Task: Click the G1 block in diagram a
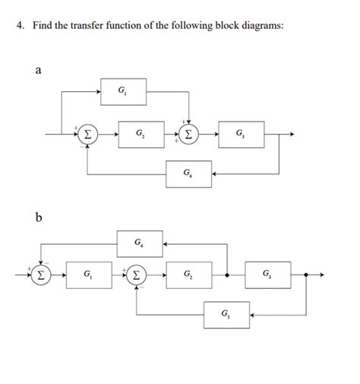(x=124, y=93)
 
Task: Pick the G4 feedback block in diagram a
(x=188, y=173)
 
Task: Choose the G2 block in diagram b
(x=189, y=274)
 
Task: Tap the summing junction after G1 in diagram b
(x=137, y=274)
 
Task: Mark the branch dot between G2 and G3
(x=228, y=274)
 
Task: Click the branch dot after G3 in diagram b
(x=306, y=274)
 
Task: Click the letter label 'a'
(x=38, y=70)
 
